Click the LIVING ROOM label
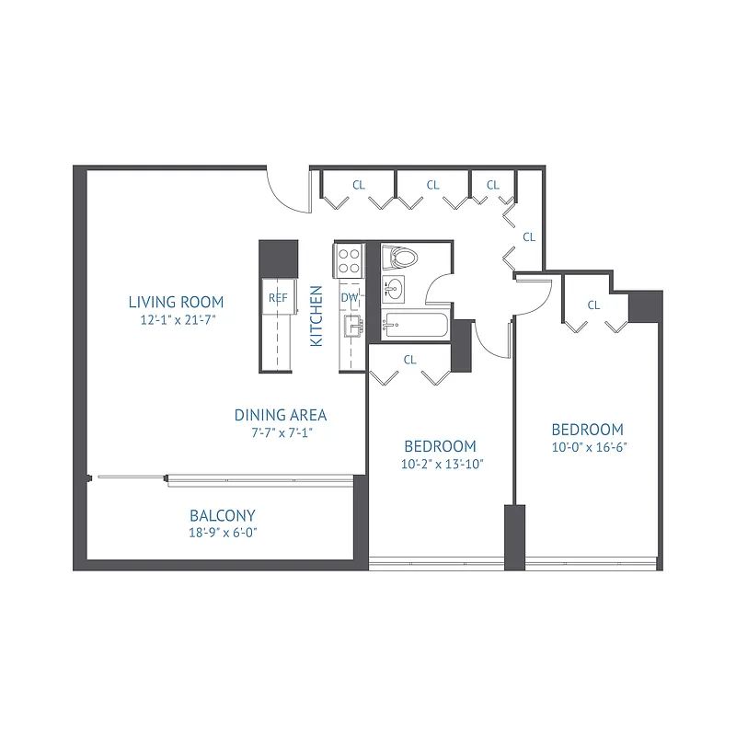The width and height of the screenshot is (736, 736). [176, 301]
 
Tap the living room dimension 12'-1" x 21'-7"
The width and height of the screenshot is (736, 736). [176, 319]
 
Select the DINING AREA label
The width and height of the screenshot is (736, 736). [281, 415]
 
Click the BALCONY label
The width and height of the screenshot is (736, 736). [222, 515]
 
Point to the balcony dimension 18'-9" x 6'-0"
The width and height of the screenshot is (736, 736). [222, 533]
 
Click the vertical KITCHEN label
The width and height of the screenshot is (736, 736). [316, 316]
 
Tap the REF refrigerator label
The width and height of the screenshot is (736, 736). [278, 298]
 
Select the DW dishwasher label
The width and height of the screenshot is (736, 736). [350, 298]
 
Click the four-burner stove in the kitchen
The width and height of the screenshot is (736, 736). [349, 259]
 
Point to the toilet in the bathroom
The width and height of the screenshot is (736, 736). [400, 257]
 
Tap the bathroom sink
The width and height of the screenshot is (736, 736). [393, 288]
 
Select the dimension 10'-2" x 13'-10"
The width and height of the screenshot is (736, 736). [442, 465]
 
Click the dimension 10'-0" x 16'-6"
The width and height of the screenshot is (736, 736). [587, 448]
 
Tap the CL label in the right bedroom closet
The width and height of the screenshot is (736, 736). [593, 305]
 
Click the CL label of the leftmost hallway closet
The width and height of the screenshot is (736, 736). [359, 185]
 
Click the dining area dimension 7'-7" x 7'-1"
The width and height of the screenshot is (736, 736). [281, 432]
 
